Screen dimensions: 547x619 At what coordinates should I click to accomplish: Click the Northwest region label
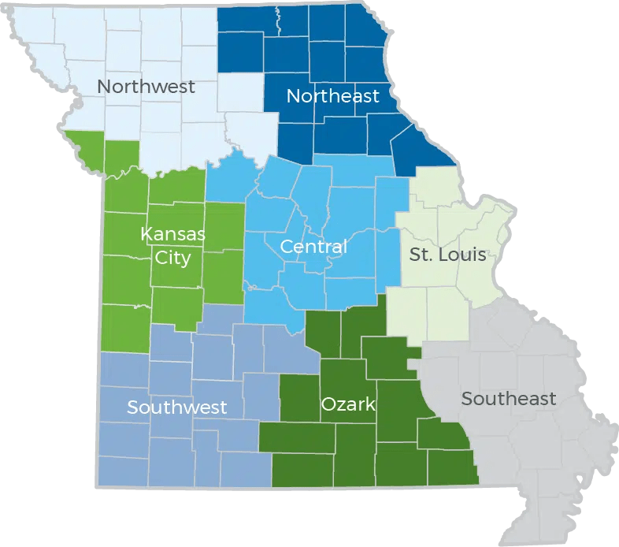click(x=146, y=87)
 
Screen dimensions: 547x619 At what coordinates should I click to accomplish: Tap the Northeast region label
click(x=332, y=97)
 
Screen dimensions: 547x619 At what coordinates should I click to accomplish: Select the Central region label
click(x=313, y=247)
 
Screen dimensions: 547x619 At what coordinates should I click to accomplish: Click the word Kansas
click(x=172, y=234)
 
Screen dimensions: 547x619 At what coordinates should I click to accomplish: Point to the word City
click(x=172, y=258)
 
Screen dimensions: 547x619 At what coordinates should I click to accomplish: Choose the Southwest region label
click(x=176, y=407)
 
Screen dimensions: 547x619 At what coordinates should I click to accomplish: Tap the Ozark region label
click(x=347, y=405)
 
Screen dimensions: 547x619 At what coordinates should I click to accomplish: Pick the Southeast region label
click(x=508, y=399)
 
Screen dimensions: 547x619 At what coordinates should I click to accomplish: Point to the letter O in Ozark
click(x=328, y=405)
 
